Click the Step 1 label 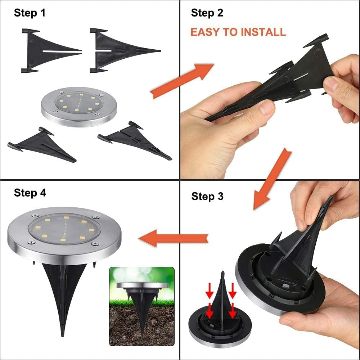click(x=30, y=13)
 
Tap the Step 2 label click(x=207, y=13)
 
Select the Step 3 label click(x=207, y=197)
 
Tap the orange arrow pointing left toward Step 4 click(x=174, y=238)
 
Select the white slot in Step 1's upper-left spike click(x=61, y=51)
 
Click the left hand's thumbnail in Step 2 click(x=266, y=107)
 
